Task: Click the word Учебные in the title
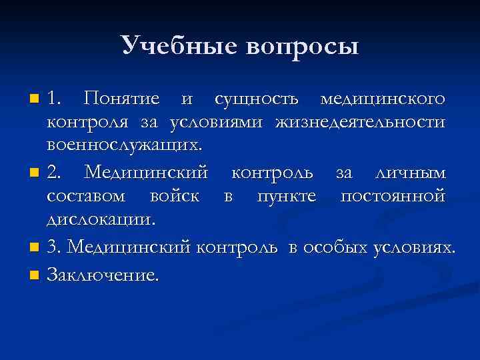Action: click(x=179, y=46)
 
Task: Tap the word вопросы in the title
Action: click(x=302, y=47)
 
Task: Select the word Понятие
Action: click(x=122, y=100)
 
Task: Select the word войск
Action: click(x=175, y=197)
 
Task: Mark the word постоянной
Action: click(x=392, y=197)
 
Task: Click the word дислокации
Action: click(x=100, y=219)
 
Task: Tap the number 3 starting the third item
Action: click(x=54, y=249)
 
